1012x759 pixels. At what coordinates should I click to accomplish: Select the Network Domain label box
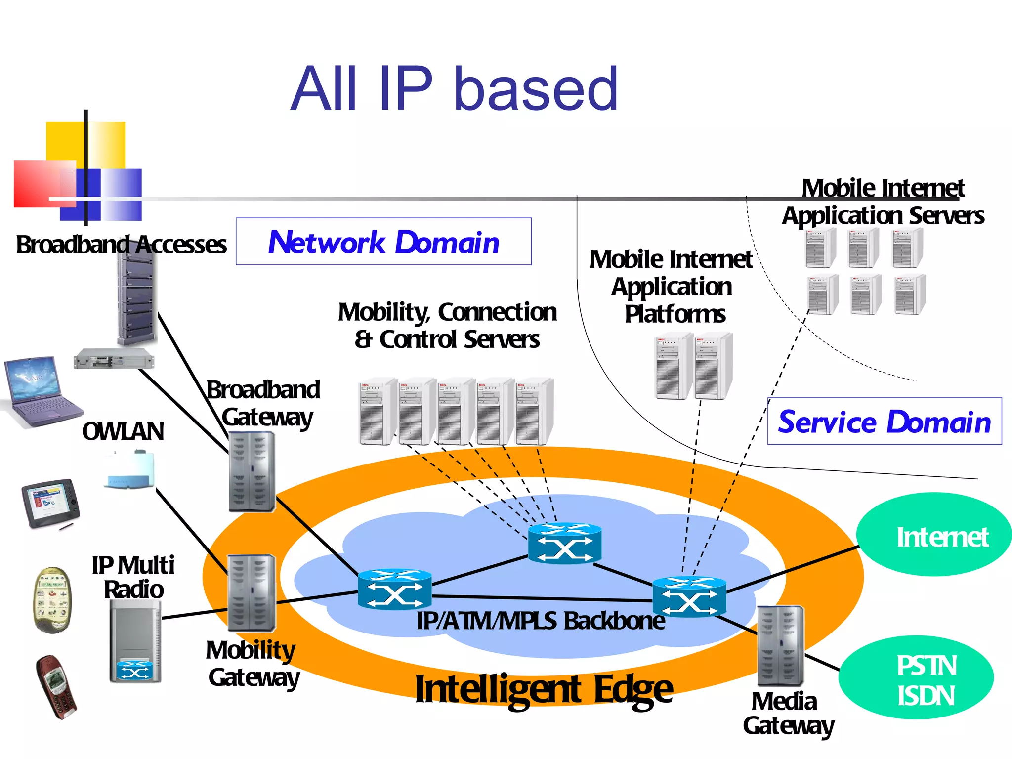pyautogui.click(x=383, y=242)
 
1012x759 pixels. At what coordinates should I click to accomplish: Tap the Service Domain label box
pyautogui.click(x=884, y=422)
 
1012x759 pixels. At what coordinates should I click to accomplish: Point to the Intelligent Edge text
pyautogui.click(x=544, y=689)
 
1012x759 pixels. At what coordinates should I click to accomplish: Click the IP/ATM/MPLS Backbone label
pyautogui.click(x=540, y=621)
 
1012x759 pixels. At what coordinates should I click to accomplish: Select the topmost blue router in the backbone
pyautogui.click(x=565, y=544)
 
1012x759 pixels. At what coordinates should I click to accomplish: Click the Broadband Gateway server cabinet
pyautogui.click(x=252, y=472)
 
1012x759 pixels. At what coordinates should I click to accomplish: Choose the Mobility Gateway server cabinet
pyautogui.click(x=251, y=593)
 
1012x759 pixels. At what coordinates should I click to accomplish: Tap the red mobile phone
pyautogui.click(x=56, y=687)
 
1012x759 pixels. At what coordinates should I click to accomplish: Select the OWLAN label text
pyautogui.click(x=123, y=431)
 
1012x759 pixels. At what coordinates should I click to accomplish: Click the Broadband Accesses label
pyautogui.click(x=121, y=245)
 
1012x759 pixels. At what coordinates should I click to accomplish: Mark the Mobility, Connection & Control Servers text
pyautogui.click(x=447, y=326)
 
